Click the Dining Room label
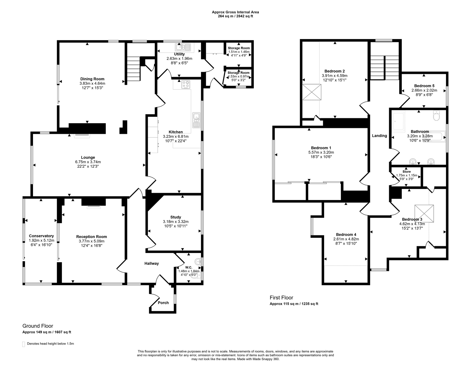coord(92,79)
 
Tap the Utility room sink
coord(183,47)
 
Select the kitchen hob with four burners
coord(186,84)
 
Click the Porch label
coord(163,302)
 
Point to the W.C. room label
coord(189,267)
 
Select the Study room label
coord(176,217)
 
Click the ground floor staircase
coord(133,66)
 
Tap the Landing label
coord(379,136)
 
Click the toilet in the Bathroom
coord(436,116)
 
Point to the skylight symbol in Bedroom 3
coord(424,213)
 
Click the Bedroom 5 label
coord(424,86)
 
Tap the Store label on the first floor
coord(407,172)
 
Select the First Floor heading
coord(281,297)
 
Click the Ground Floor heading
coord(38,326)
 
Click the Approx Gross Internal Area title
coord(235,12)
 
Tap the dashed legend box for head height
coord(24,344)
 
